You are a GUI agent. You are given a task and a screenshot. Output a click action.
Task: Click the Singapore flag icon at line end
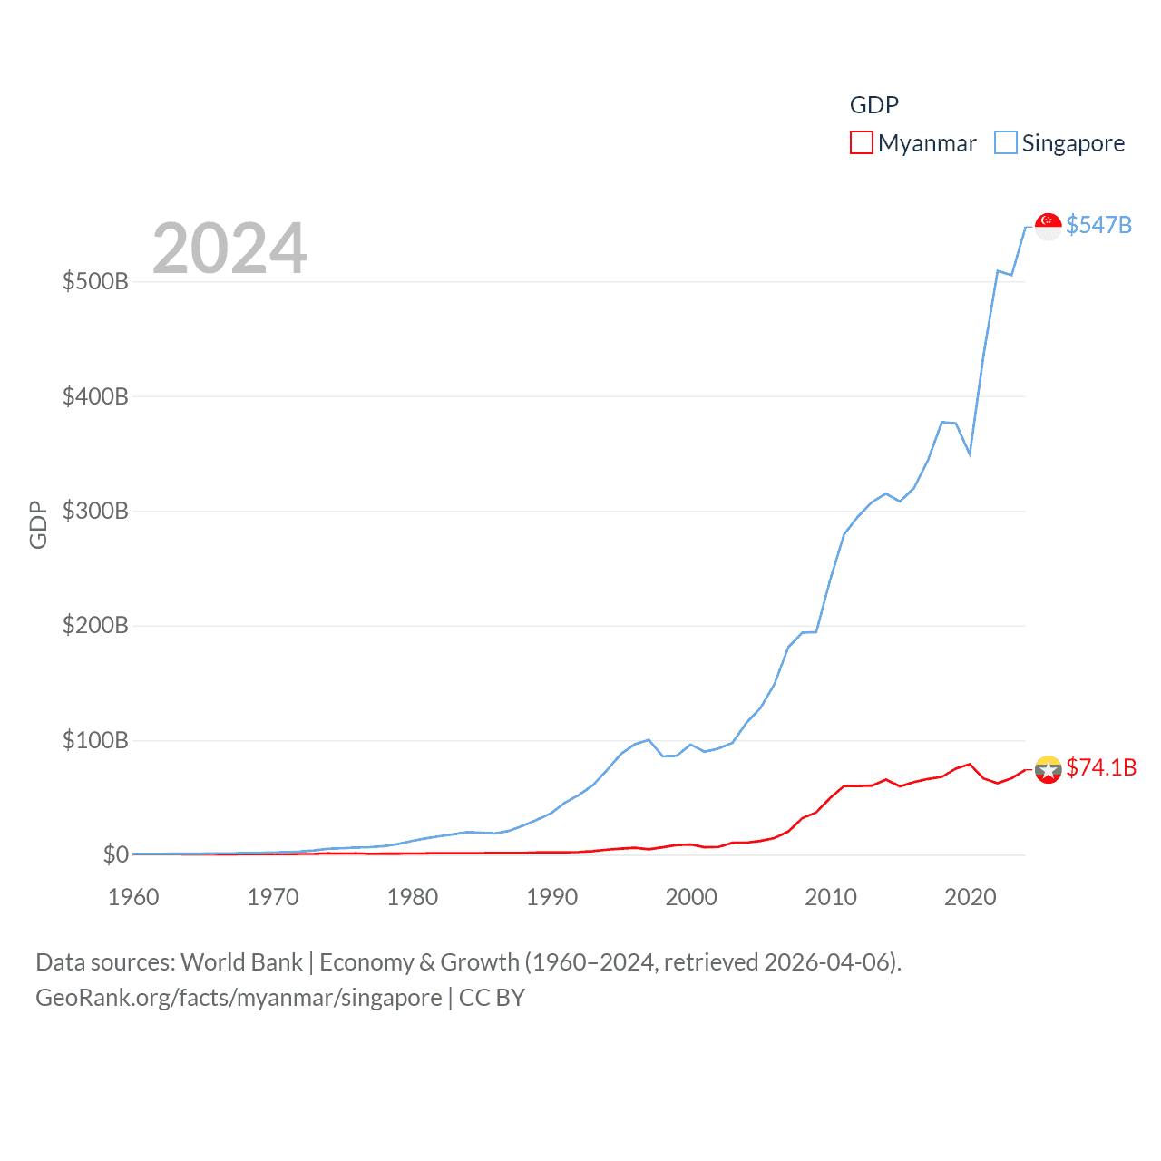[x=1048, y=227]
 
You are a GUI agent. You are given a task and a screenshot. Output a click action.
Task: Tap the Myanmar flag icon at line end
[x=1048, y=769]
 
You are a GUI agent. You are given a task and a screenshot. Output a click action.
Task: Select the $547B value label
[x=1098, y=225]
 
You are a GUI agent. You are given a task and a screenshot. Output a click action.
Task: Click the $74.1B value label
[x=1101, y=767]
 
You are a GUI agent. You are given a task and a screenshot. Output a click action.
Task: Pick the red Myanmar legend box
[x=861, y=143]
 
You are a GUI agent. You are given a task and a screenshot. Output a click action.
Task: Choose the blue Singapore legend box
[x=1005, y=143]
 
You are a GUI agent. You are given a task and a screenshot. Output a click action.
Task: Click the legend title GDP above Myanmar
[x=873, y=105]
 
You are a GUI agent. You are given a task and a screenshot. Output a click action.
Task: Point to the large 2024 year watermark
[x=229, y=249]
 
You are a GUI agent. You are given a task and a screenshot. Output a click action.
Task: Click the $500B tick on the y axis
[x=95, y=281]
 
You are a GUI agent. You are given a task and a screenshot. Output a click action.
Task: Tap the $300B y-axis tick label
[x=95, y=511]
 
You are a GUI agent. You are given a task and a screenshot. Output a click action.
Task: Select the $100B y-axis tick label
[x=95, y=740]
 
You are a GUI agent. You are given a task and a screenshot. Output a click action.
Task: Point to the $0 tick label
[x=115, y=854]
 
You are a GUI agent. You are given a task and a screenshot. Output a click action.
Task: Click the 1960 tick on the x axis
[x=133, y=897]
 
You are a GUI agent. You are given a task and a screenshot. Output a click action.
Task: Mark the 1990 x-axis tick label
[x=551, y=897]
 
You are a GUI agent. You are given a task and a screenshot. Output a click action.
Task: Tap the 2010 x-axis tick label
[x=831, y=897]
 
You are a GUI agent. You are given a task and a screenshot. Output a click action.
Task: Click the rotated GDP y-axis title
[x=38, y=524]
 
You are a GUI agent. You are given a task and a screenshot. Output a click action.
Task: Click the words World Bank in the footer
[x=241, y=961]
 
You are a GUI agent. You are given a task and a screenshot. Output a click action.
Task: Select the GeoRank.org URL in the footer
[x=238, y=998]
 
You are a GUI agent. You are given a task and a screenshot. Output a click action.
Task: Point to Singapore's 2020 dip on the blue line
[x=970, y=453]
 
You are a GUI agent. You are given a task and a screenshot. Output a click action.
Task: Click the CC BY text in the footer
[x=492, y=998]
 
